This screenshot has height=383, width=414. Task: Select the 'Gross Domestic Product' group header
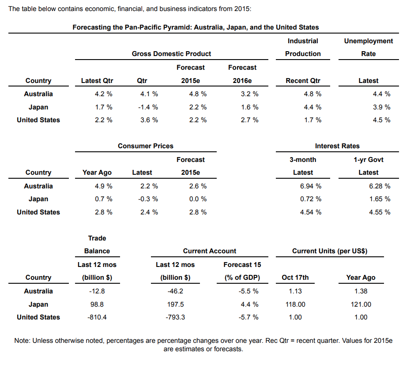pos(171,53)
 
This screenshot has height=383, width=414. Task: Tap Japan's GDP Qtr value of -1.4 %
pos(149,107)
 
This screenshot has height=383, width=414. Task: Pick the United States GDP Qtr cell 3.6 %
pos(149,120)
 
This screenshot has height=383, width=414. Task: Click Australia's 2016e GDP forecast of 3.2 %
pos(249,94)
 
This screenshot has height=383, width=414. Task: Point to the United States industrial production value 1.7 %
pos(312,120)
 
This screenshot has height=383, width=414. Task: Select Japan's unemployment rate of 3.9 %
pos(381,107)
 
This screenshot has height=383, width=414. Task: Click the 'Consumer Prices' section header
pos(146,146)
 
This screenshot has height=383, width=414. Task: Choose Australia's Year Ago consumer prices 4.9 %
pos(103,186)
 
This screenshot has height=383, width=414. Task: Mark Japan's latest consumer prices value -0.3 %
pos(149,199)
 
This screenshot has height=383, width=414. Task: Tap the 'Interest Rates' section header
pos(337,146)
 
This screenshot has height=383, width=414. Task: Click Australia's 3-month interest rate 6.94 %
pos(311,186)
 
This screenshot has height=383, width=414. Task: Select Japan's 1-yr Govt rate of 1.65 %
pos(380,199)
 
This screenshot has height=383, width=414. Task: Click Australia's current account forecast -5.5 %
pos(248,291)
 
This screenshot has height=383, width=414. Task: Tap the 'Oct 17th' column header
pos(295,278)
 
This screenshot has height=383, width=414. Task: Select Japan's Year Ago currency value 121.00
pos(361,304)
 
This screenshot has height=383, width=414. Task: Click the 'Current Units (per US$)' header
pos(330,251)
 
